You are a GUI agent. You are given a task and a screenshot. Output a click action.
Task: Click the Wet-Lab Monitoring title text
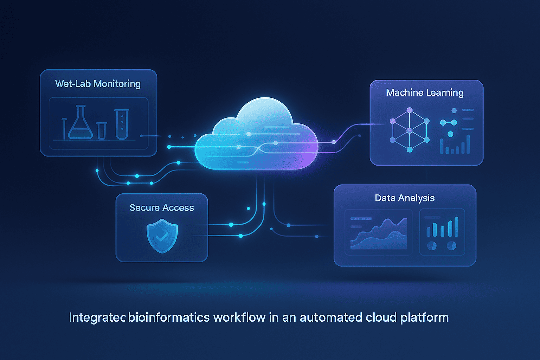click(x=98, y=84)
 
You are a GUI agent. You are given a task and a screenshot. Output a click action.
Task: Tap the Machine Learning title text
click(x=425, y=93)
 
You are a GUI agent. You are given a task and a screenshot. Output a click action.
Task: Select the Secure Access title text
click(x=162, y=208)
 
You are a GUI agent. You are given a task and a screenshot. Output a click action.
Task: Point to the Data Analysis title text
click(x=405, y=198)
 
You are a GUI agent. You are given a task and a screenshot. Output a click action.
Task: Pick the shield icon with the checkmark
click(x=162, y=236)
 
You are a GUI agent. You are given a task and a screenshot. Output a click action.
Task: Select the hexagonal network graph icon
click(x=410, y=130)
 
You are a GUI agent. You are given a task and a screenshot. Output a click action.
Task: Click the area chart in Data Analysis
click(x=379, y=234)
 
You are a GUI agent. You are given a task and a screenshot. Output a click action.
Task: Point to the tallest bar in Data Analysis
click(x=456, y=226)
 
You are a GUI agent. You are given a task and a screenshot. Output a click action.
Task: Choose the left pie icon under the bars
click(x=432, y=245)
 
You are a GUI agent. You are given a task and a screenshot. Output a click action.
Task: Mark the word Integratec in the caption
click(x=97, y=317)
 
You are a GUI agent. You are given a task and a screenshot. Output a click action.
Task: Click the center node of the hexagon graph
click(x=410, y=131)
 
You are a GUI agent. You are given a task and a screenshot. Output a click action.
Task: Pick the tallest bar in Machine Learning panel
click(x=468, y=144)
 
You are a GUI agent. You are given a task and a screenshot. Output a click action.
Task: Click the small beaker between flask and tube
click(x=102, y=131)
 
